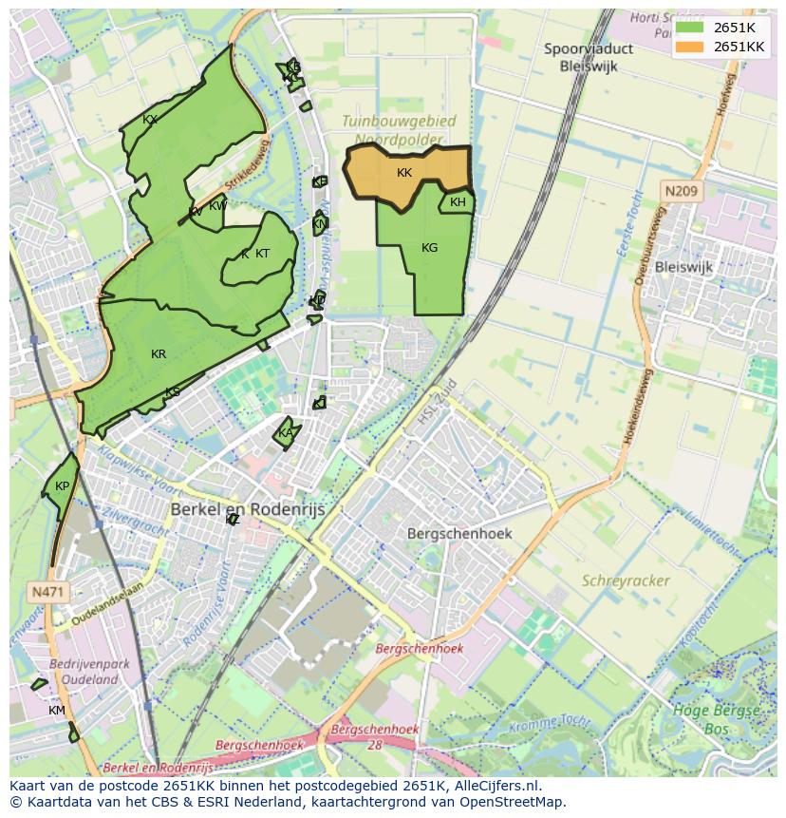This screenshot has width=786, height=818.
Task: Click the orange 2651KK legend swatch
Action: (x=688, y=47)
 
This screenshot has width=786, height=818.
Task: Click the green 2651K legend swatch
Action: (x=688, y=28)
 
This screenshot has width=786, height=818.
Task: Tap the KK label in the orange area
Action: (x=404, y=173)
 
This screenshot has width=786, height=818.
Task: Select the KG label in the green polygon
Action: (x=429, y=248)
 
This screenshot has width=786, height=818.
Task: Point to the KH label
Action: (x=458, y=202)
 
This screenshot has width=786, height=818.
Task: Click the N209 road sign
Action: (x=681, y=191)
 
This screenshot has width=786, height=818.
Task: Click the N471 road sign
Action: (x=47, y=592)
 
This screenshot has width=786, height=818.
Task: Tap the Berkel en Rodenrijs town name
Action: (x=247, y=510)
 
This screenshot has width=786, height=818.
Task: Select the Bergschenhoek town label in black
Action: (x=459, y=533)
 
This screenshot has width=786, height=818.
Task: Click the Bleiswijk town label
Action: (x=683, y=267)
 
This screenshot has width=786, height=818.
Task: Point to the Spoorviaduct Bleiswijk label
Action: (x=589, y=57)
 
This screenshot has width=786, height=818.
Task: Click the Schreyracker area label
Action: (x=626, y=580)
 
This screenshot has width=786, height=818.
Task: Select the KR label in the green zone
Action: (x=159, y=354)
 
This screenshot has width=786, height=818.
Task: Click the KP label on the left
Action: (x=62, y=486)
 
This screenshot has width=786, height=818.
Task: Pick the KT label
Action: (x=262, y=254)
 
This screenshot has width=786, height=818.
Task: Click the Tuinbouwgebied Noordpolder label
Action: (x=398, y=130)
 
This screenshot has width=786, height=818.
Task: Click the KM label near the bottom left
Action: (x=57, y=711)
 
